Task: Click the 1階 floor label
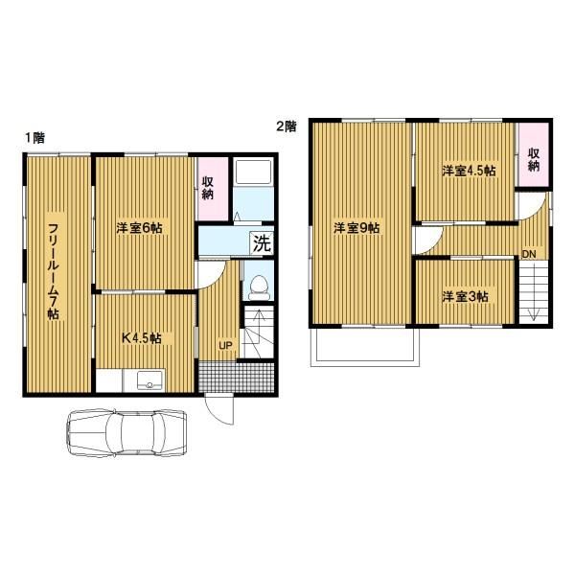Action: [x=35, y=137]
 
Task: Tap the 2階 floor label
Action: [x=286, y=126]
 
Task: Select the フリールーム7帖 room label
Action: [x=54, y=271]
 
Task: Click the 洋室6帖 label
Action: [x=139, y=228]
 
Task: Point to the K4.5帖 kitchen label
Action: [x=142, y=337]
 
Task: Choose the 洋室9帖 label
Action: [x=356, y=228]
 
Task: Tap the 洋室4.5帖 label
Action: [x=469, y=171]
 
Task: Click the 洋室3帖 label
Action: [x=465, y=296]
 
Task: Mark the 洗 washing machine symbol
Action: [x=262, y=242]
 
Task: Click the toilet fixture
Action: [x=260, y=287]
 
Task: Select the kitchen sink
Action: [x=149, y=380]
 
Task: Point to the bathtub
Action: [x=253, y=172]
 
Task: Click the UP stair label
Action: [x=225, y=345]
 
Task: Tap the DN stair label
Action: [x=529, y=254]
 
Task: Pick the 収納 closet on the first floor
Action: [x=213, y=189]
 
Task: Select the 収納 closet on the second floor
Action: [x=534, y=154]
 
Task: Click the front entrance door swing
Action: [x=218, y=411]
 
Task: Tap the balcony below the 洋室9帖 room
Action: [x=365, y=347]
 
